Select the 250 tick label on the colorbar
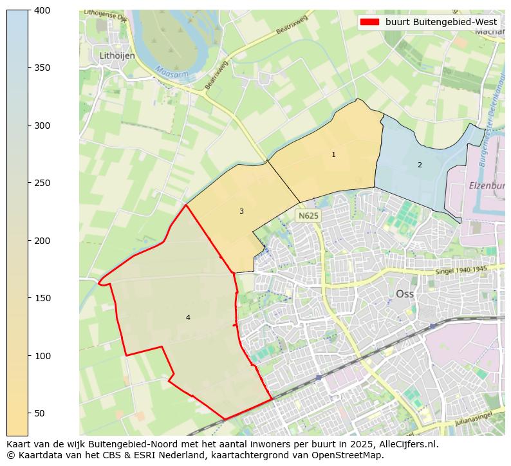pos(42,183)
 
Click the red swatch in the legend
pos(369,22)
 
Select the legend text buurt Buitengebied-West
pos(441,22)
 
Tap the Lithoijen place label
pos(117,56)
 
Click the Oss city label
pos(404,294)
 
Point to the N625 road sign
pos(308,216)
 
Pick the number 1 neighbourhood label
pos(333,154)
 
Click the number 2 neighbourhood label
pos(420,165)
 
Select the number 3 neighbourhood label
pos(241,211)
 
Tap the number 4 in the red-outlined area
pos(188,317)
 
